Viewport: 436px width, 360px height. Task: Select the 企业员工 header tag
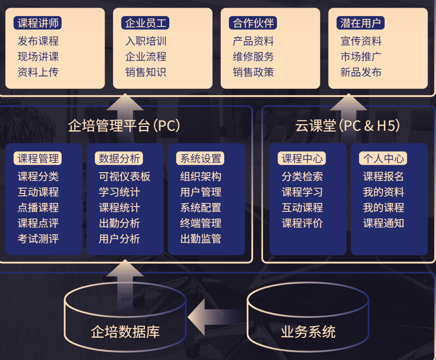click(146, 23)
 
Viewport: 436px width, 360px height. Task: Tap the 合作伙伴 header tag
click(253, 23)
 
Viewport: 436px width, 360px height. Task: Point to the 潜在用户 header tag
click(361, 23)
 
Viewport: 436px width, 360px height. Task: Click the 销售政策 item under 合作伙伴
click(253, 72)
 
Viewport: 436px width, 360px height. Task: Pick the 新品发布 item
click(361, 72)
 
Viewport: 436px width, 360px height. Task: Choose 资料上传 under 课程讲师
click(38, 72)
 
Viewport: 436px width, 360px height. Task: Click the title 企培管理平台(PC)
click(124, 126)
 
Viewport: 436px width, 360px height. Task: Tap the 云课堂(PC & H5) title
click(348, 126)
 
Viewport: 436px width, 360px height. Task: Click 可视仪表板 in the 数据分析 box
click(124, 176)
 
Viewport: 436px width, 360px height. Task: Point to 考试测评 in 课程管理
click(38, 239)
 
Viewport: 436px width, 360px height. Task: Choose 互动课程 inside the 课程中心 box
click(302, 208)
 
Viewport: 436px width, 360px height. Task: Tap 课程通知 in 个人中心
click(383, 223)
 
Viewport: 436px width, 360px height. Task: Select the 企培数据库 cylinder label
click(125, 332)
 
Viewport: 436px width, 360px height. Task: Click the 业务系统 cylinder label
click(308, 332)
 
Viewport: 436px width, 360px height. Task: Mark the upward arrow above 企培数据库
click(125, 278)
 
